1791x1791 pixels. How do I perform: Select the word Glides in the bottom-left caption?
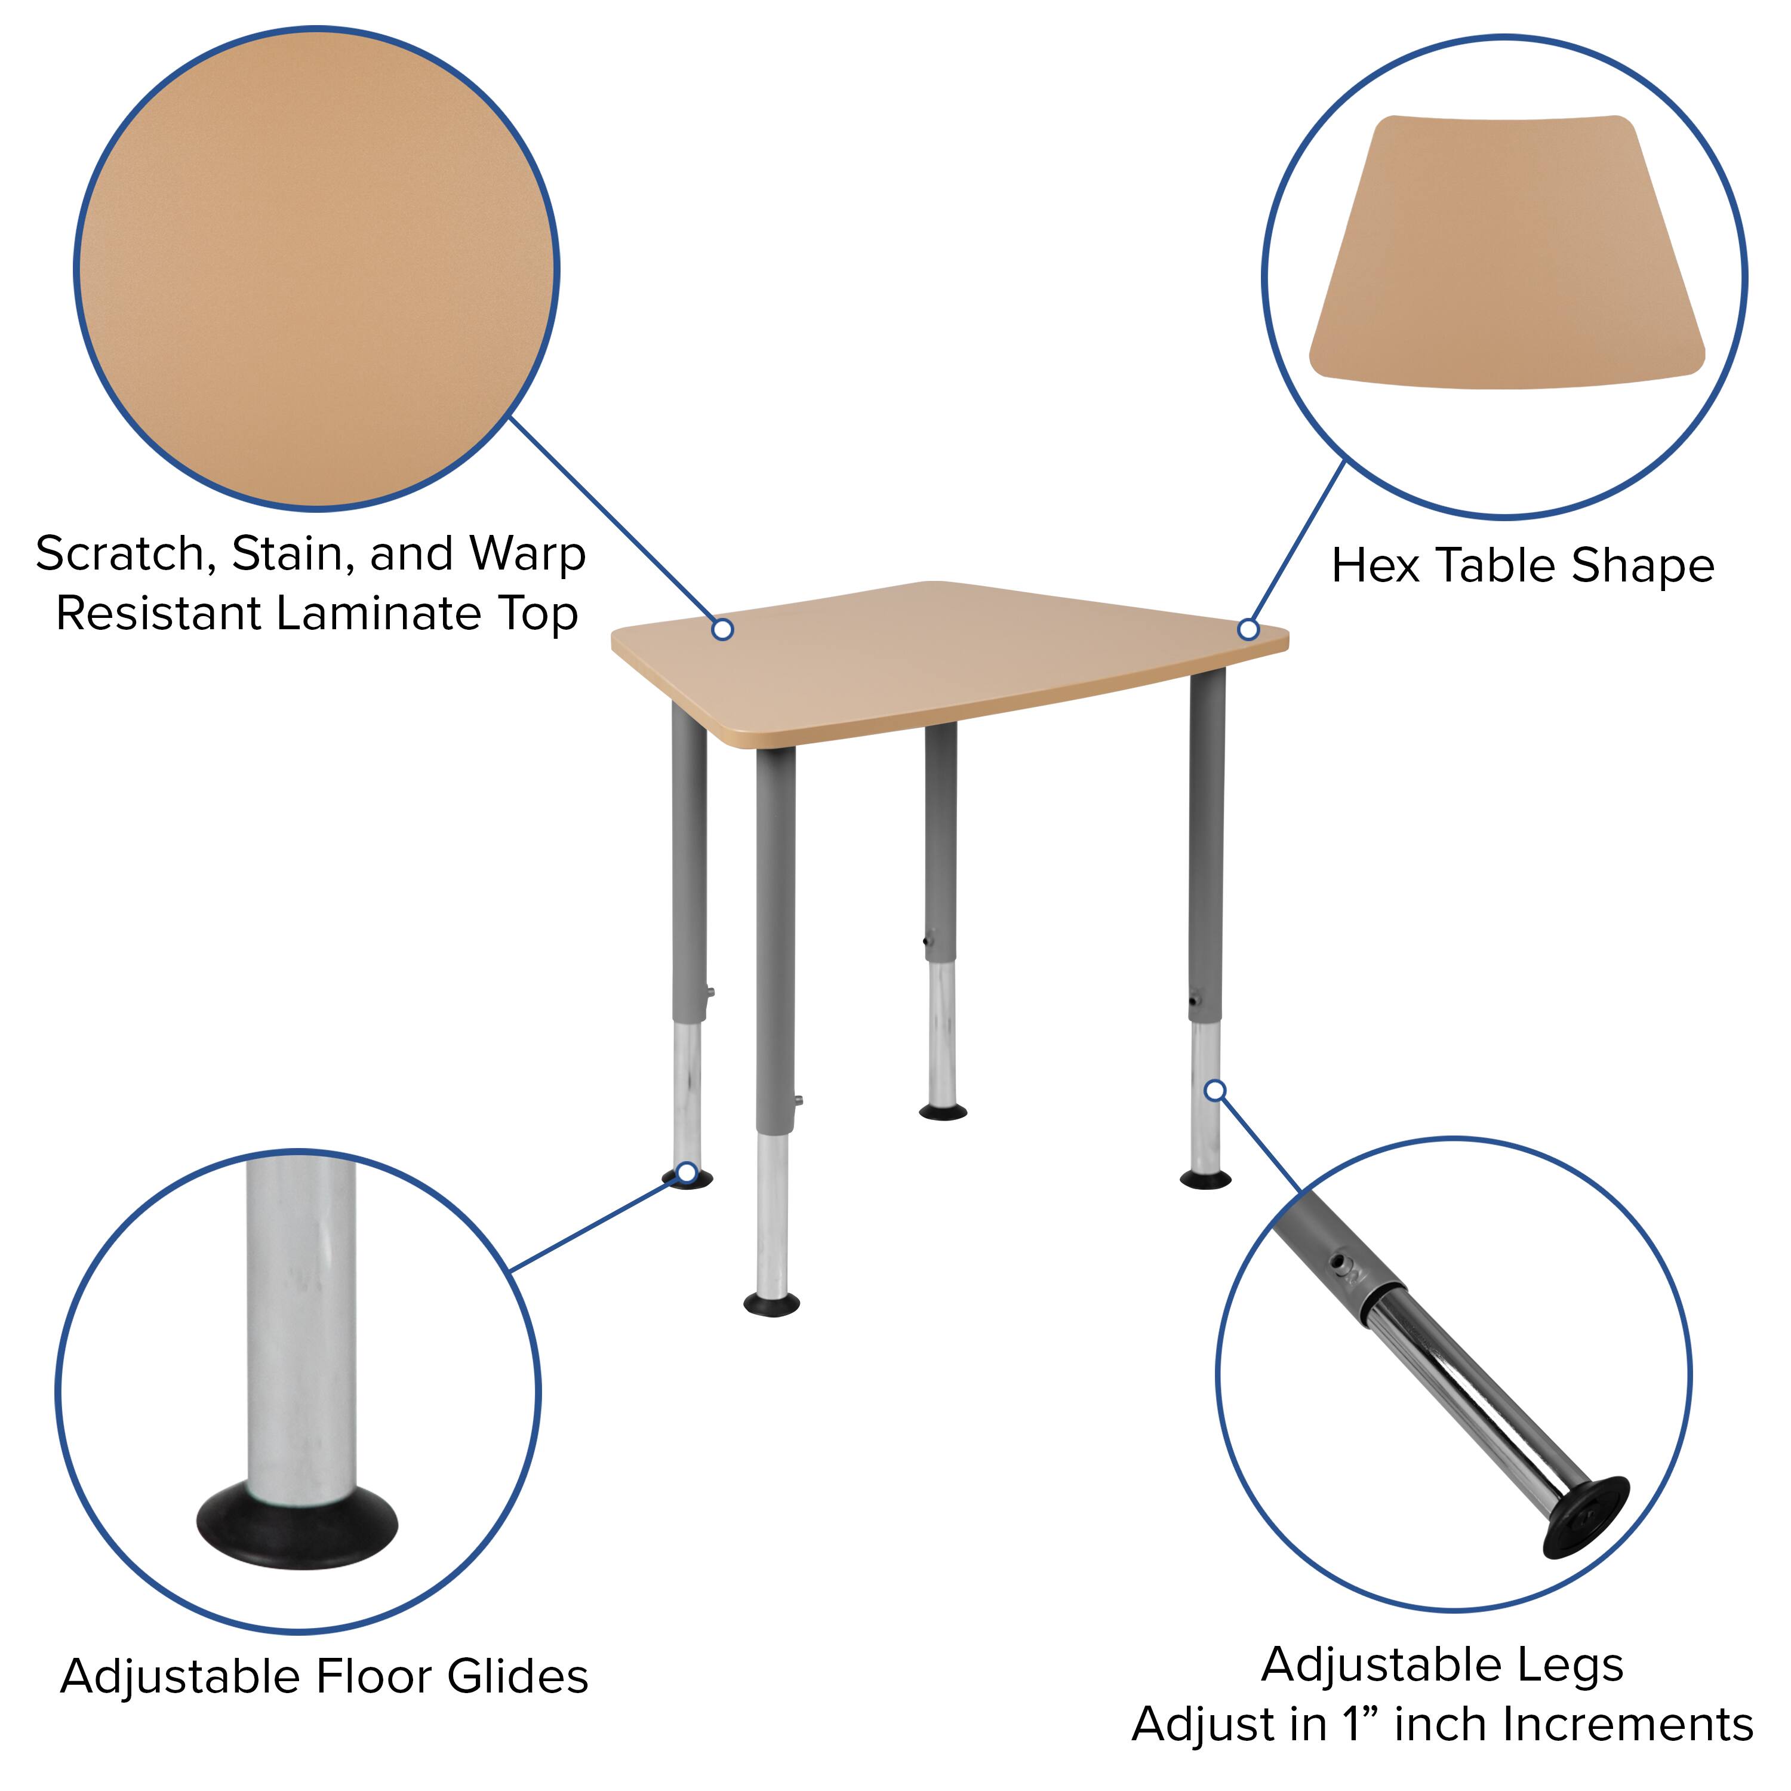coord(517,1677)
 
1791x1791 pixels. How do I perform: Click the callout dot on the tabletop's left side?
coord(723,629)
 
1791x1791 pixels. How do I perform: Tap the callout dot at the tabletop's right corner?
coord(1249,629)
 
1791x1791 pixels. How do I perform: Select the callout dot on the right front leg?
coord(1215,1090)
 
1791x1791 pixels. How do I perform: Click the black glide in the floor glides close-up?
coord(297,1526)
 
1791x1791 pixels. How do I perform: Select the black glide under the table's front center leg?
coord(772,1305)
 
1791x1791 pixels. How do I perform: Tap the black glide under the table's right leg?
coord(1206,1179)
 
